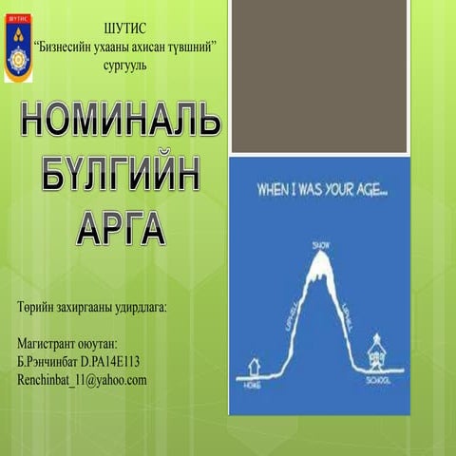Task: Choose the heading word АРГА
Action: [x=120, y=229]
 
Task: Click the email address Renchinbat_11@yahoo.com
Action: [x=82, y=380]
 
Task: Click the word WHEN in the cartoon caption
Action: [x=276, y=190]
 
